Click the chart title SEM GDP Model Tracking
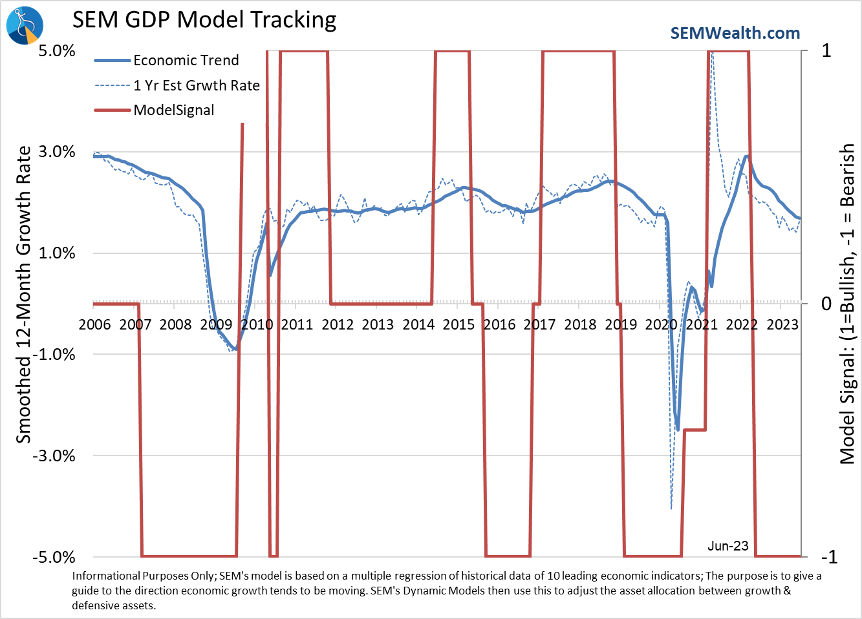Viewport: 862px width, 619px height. point(204,20)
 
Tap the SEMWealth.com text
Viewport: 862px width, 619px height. point(735,33)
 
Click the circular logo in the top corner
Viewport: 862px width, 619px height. point(25,25)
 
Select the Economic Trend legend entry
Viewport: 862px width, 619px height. point(186,61)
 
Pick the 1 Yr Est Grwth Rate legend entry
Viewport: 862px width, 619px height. point(196,85)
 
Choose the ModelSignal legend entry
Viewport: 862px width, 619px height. point(173,110)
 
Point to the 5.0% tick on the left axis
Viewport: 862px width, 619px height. point(57,51)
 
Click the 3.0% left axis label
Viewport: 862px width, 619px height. point(57,152)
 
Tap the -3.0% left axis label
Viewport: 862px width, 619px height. point(54,456)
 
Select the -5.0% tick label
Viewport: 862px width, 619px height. point(54,557)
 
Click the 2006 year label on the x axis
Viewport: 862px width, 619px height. point(94,324)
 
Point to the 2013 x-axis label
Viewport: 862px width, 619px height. point(378,324)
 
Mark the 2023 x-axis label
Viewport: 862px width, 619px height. point(782,324)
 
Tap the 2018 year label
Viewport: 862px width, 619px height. point(580,324)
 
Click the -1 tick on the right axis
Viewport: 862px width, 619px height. point(828,557)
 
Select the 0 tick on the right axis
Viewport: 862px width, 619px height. point(826,304)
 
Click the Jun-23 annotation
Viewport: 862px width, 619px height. point(727,546)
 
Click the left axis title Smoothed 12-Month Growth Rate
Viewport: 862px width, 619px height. point(23,295)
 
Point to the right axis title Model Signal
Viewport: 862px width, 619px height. point(846,304)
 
